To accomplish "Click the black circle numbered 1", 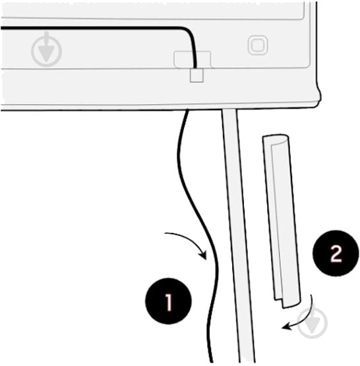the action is click(168, 301).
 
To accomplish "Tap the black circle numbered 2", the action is click(336, 253).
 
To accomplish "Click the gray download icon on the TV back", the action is click(46, 49).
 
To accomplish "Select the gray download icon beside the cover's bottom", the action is click(313, 322).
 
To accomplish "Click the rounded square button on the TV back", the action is click(258, 45).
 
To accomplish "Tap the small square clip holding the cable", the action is click(196, 75).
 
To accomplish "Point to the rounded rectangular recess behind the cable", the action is click(193, 59).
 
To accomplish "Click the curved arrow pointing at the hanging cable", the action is click(187, 242).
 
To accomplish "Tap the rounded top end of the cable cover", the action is click(276, 139).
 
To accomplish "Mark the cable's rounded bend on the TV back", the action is click(189, 33).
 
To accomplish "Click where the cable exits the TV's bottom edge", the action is click(187, 110).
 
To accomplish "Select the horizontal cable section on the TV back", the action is click(91, 28).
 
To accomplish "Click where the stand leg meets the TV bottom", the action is click(229, 109).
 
